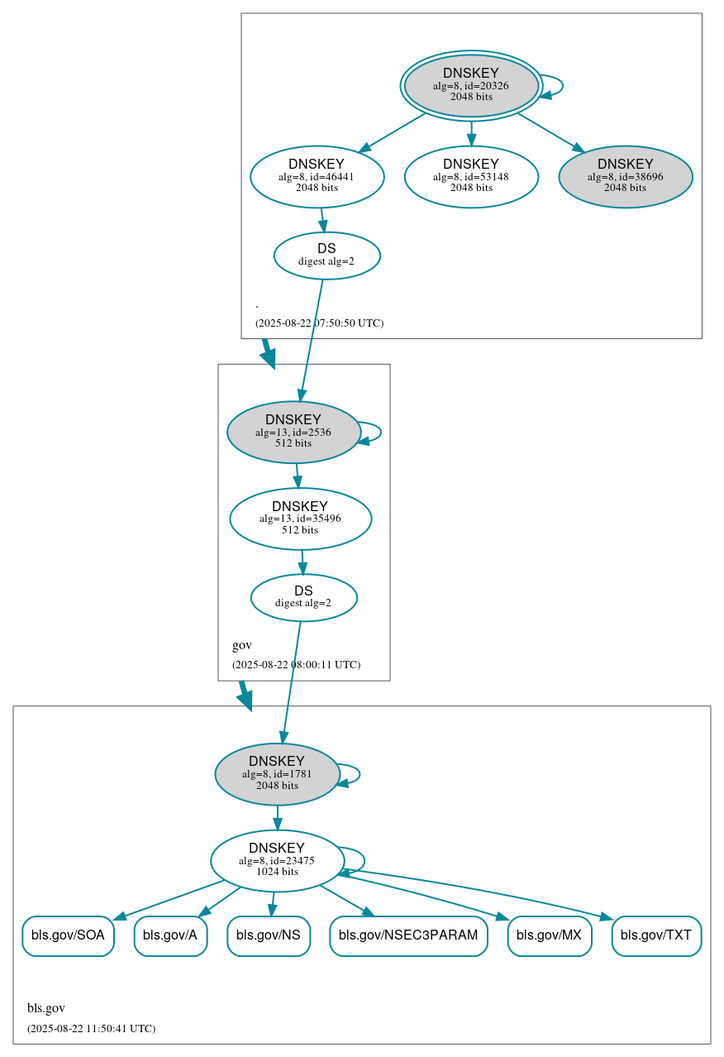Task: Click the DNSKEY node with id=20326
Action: coord(471,85)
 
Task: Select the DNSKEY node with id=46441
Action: coord(317,176)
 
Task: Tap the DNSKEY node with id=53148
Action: coord(471,176)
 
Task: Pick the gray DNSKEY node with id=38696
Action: coord(625,176)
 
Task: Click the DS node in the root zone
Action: coord(326,256)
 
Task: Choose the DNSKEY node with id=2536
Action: coord(293,432)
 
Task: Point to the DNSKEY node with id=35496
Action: coord(300,519)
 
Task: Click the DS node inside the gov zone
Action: coord(303,597)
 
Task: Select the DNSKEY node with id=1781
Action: coord(277,774)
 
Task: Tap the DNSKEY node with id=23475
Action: coord(277,861)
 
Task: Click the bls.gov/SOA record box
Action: coord(68,935)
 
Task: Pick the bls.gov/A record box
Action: coord(170,935)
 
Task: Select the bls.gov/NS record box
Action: coord(269,935)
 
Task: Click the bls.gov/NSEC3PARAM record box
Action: coord(408,935)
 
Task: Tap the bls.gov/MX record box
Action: coord(549,935)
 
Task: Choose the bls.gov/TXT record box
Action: coord(656,935)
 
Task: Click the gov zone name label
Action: coord(241,645)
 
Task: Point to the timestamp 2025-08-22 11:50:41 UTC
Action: coord(91,1029)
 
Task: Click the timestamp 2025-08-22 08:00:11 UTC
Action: coord(296,664)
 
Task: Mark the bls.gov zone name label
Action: coord(46,1008)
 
